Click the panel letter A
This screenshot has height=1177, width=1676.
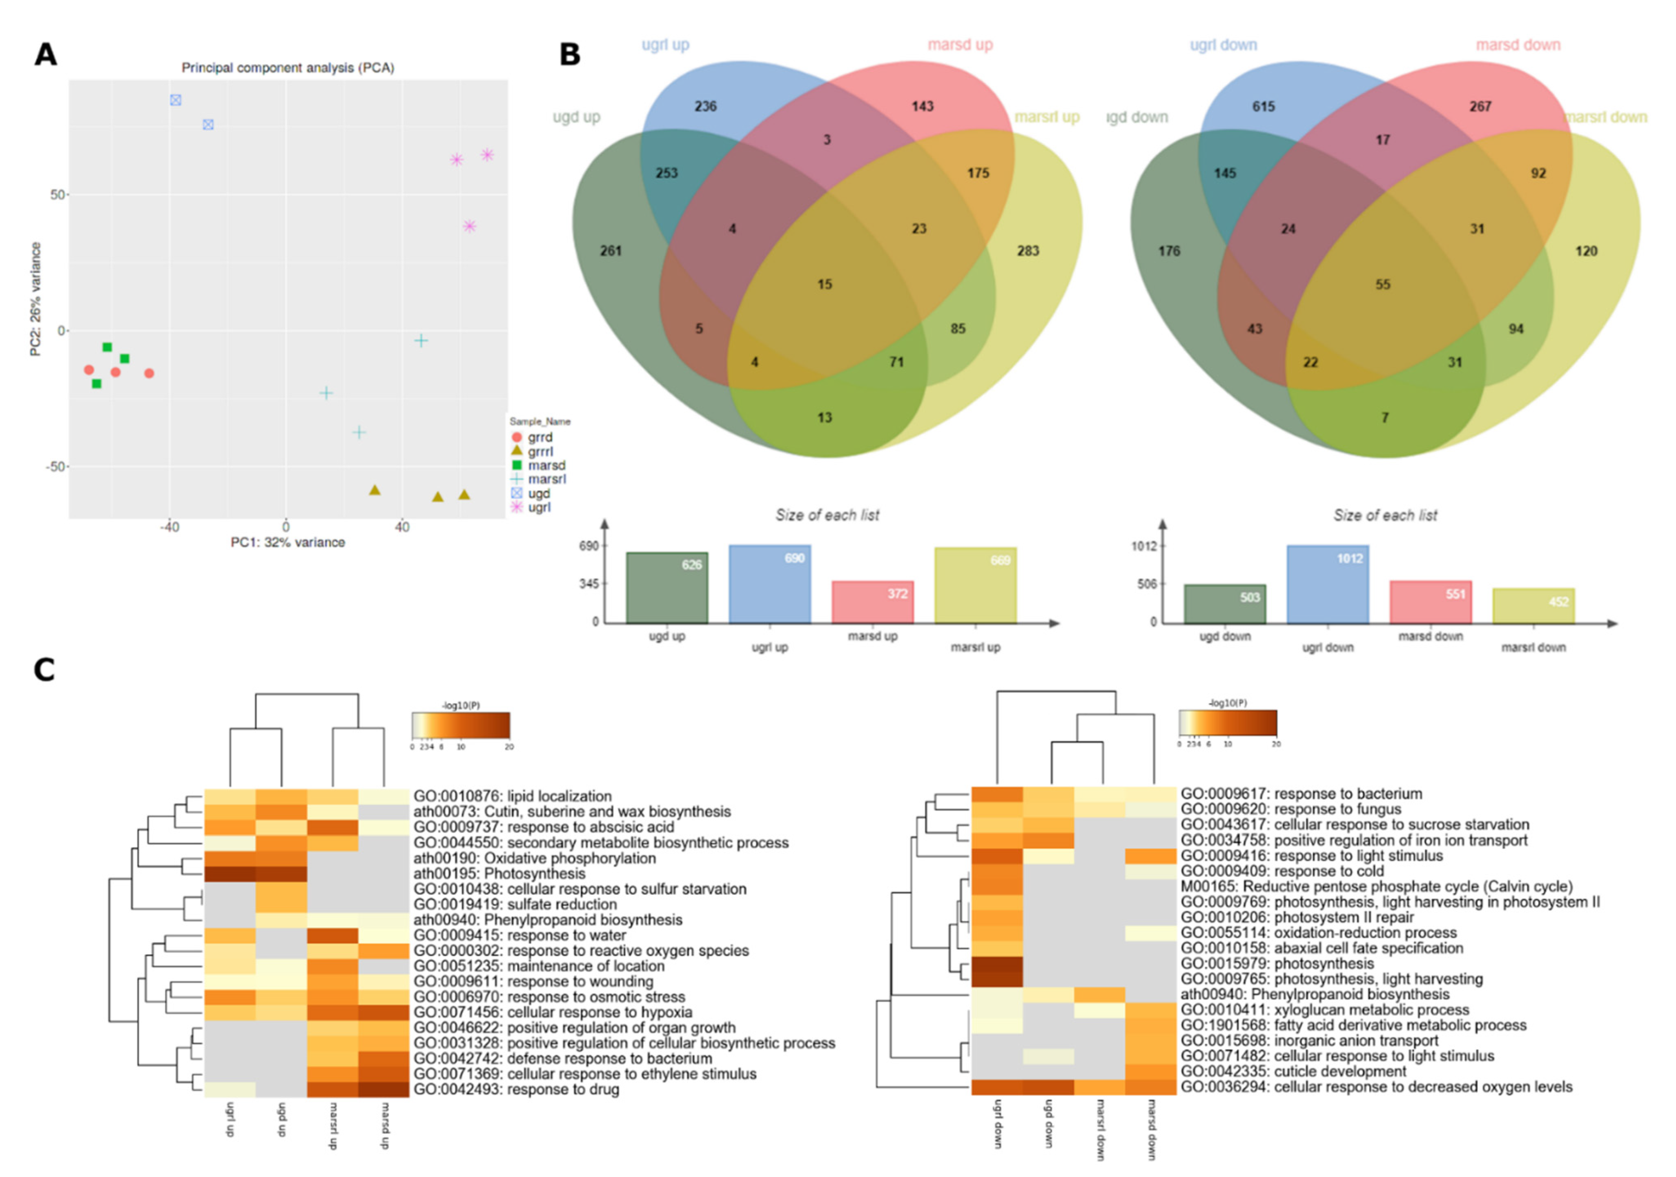click(45, 55)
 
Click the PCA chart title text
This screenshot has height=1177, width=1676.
click(288, 68)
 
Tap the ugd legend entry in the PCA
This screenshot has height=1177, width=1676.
click(539, 494)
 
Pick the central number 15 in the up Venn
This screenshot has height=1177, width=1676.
click(824, 284)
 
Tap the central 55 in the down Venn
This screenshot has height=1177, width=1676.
click(1382, 284)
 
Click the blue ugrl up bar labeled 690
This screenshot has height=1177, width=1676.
click(769, 584)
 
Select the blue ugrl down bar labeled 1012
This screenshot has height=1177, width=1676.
click(1327, 584)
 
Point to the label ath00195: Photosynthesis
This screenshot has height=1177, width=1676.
click(499, 874)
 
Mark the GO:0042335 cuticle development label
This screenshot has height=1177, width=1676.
click(1293, 1072)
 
